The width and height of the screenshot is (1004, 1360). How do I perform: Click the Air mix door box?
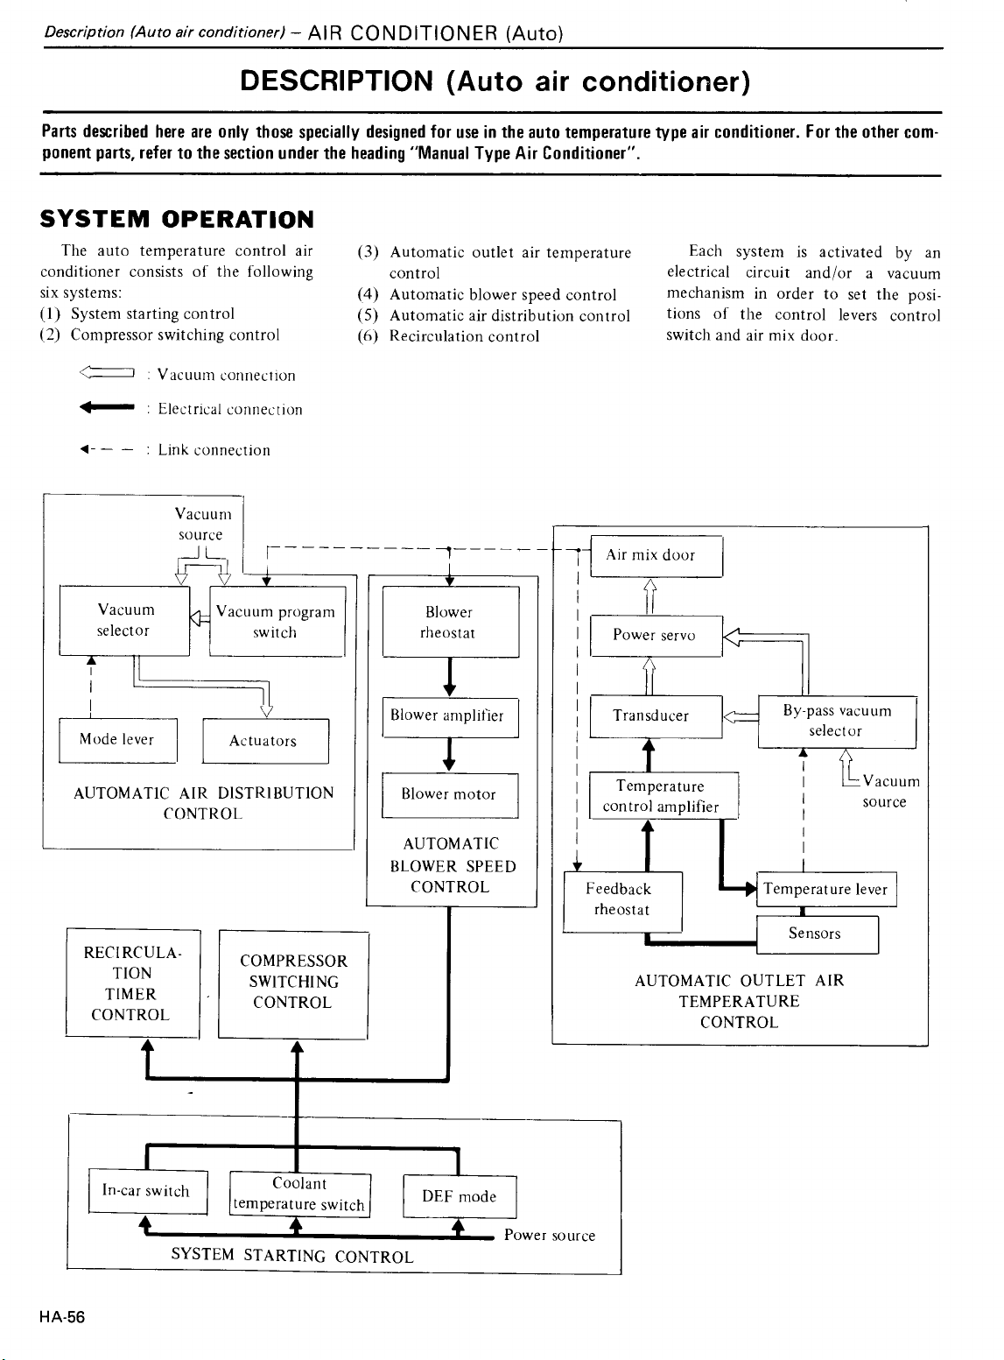tap(656, 555)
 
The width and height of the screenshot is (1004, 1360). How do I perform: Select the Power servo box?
tap(656, 636)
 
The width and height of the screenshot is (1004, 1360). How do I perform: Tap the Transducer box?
tap(656, 716)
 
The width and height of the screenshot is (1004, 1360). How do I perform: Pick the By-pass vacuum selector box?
tap(838, 722)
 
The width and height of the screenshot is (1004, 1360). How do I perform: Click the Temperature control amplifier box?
tap(663, 795)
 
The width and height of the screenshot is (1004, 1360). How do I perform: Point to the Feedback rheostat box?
tap(622, 901)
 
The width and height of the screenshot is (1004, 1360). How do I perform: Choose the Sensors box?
tap(818, 934)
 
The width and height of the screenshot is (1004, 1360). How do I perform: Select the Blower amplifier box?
tap(451, 717)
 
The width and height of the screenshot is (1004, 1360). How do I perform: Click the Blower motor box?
tap(450, 795)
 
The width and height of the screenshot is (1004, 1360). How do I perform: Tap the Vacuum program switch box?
tap(277, 622)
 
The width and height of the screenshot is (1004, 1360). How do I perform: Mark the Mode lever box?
tap(118, 741)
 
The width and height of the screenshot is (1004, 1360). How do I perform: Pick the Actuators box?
tap(265, 742)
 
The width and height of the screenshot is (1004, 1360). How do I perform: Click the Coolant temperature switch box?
tap(300, 1195)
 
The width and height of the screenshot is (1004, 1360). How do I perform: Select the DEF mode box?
tap(460, 1196)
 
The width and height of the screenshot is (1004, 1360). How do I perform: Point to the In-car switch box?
tap(148, 1191)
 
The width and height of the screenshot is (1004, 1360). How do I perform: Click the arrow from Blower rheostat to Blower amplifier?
tap(449, 677)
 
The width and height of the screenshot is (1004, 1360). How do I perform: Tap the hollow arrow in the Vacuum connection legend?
tap(107, 372)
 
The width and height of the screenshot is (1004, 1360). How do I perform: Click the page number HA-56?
tap(62, 1317)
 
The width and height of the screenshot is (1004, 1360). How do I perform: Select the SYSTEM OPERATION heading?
tap(177, 220)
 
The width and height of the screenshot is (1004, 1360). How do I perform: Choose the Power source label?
tap(549, 1236)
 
